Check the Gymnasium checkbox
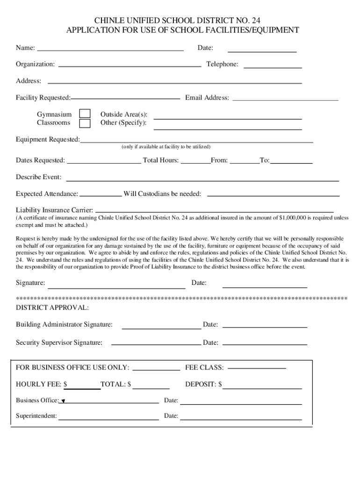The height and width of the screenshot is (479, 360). (85, 114)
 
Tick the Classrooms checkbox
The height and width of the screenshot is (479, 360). (85, 123)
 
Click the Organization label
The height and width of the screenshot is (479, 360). (35, 64)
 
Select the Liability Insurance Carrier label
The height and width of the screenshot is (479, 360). (54, 210)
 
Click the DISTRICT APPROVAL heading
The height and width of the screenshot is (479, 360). (52, 308)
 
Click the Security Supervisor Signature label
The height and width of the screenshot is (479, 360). (59, 343)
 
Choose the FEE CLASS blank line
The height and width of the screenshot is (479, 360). (256, 368)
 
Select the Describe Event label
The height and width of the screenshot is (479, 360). (38, 177)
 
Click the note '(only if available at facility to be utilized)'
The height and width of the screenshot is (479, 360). (166, 146)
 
